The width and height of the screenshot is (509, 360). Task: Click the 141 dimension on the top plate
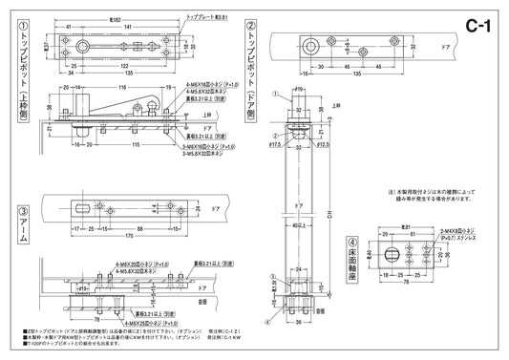pos(118,26)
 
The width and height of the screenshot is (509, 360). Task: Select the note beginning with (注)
pos(420,196)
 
